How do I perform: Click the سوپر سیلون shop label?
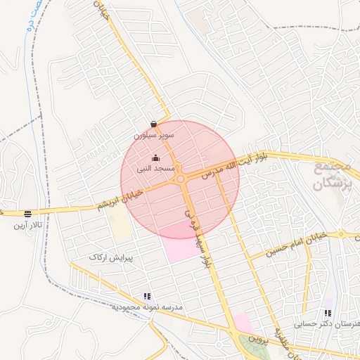point(153,134)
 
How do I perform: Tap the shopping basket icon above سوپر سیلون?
point(153,124)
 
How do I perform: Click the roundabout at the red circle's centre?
point(181,179)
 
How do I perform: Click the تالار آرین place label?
point(27,226)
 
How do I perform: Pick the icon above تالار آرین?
point(27,214)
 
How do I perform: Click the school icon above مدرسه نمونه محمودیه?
point(147,297)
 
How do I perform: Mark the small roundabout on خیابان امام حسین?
point(341,233)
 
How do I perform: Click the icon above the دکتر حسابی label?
point(328,313)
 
